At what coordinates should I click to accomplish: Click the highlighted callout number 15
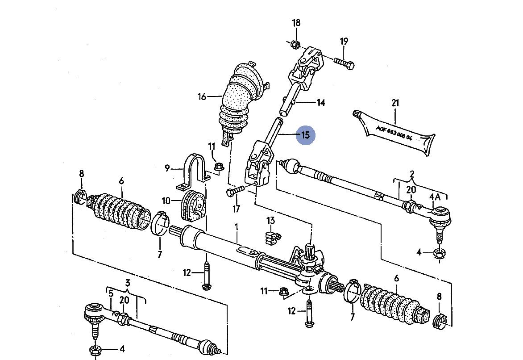click(x=306, y=135)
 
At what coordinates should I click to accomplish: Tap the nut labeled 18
click(x=294, y=44)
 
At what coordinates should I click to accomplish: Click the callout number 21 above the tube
click(x=395, y=103)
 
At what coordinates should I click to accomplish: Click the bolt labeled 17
click(x=235, y=192)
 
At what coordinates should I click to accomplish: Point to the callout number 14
click(x=320, y=103)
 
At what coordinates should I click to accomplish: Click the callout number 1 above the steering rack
click(x=237, y=227)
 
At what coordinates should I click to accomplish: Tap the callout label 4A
click(x=435, y=197)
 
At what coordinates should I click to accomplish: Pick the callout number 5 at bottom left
click(x=111, y=293)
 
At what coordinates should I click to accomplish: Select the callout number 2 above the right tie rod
click(x=412, y=174)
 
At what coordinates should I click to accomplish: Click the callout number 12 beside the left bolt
click(x=187, y=272)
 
